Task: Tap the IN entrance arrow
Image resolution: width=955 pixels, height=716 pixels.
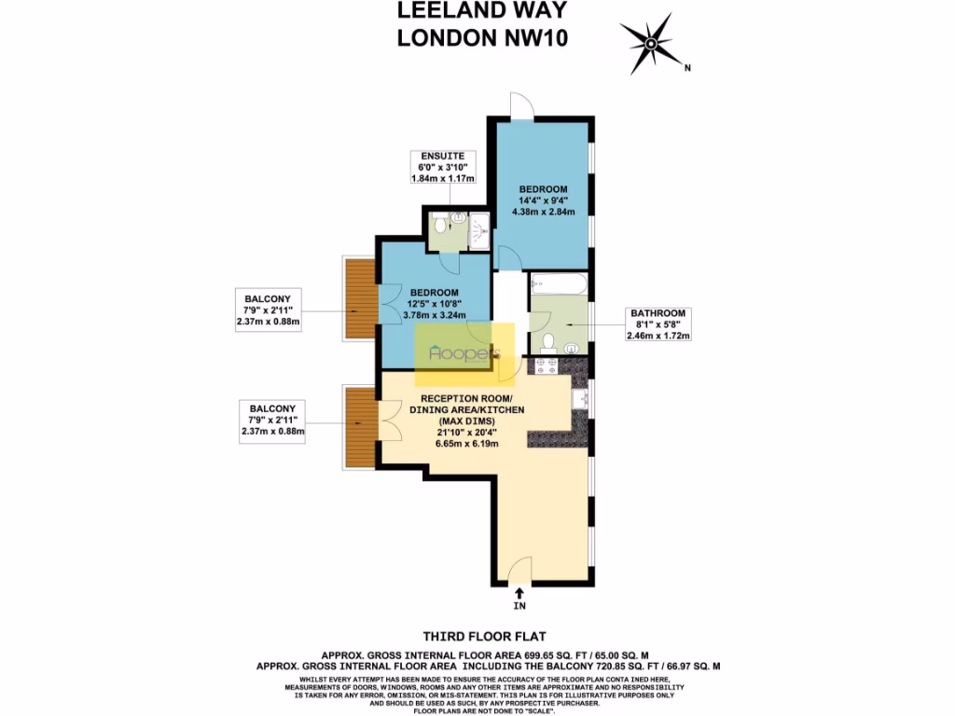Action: [x=519, y=594]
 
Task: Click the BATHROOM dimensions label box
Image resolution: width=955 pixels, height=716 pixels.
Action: [x=658, y=324]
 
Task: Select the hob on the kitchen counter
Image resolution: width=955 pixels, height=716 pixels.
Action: [x=543, y=366]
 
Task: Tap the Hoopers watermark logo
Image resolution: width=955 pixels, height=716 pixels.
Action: [x=464, y=354]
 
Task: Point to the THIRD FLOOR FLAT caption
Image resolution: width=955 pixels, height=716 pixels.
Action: [x=477, y=636]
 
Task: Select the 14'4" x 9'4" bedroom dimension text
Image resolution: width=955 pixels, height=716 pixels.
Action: [x=544, y=198]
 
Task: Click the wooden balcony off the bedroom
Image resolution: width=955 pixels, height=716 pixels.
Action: [x=360, y=298]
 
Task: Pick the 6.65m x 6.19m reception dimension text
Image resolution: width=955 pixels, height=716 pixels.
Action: [x=459, y=443]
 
